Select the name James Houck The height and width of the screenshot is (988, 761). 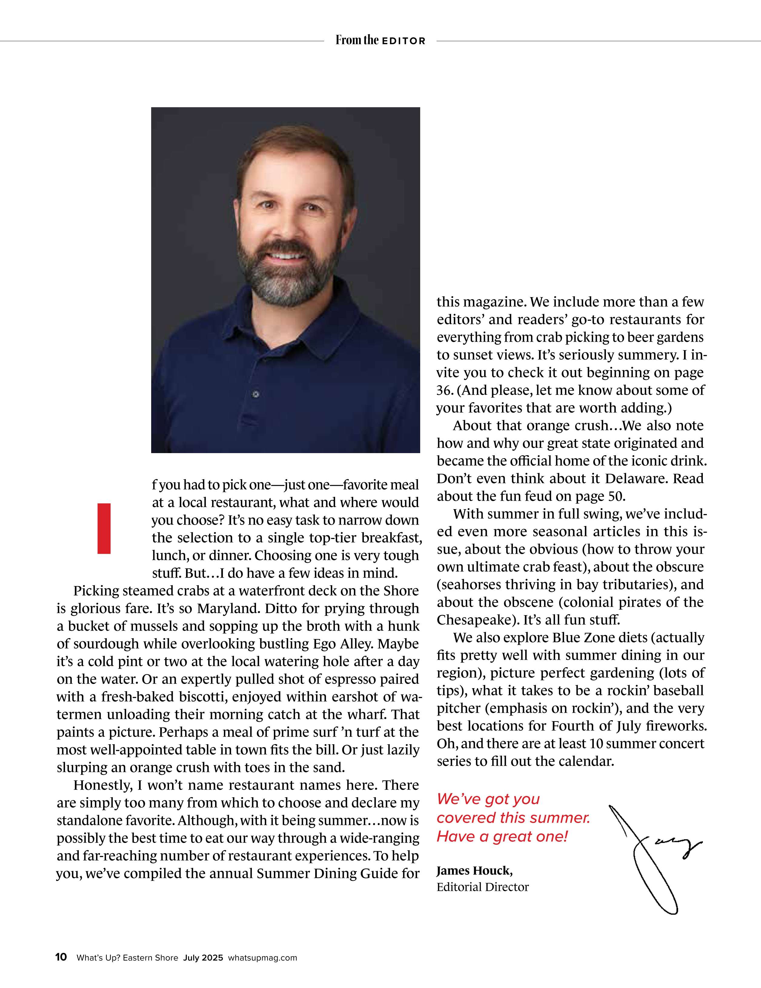click(474, 870)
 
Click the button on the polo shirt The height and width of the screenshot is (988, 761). click(256, 394)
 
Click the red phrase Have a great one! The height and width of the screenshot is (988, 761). click(502, 837)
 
